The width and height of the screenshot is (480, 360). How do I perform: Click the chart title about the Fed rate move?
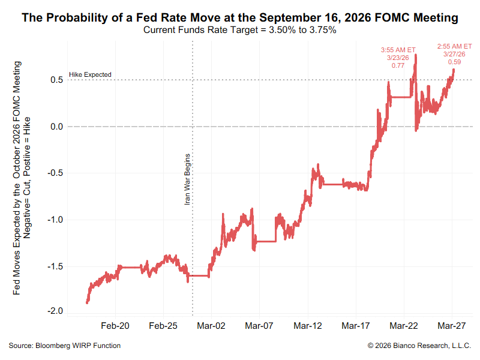pos(240,18)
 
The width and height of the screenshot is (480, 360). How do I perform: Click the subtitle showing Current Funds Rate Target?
pos(240,30)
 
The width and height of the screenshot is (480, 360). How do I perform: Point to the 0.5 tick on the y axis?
pos(57,80)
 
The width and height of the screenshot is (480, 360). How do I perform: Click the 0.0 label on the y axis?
pos(57,127)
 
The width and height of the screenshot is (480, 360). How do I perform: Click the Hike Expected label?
pos(90,74)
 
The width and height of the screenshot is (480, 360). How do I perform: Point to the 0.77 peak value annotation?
pos(398,66)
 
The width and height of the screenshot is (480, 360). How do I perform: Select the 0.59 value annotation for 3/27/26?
pos(454,62)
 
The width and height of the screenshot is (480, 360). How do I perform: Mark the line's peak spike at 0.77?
pos(416,55)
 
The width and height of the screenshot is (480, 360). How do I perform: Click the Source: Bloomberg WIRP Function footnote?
pos(65,346)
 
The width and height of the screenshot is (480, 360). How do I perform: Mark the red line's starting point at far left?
pos(87,303)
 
